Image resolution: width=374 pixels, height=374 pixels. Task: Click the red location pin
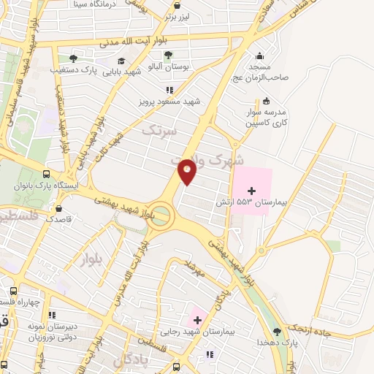[x=188, y=172]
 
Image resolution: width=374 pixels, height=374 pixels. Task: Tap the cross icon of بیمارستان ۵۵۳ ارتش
[x=252, y=190]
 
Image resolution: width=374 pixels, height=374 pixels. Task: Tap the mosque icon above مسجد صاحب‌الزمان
[x=260, y=56]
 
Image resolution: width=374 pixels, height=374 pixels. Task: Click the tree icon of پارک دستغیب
[x=73, y=58]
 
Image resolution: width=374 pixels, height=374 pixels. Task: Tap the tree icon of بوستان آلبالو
[x=169, y=55]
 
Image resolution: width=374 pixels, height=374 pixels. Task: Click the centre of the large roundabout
[x=161, y=215]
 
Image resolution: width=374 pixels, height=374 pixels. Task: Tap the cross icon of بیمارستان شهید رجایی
[x=196, y=319]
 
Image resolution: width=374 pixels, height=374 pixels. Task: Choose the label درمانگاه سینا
[x=99, y=4]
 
